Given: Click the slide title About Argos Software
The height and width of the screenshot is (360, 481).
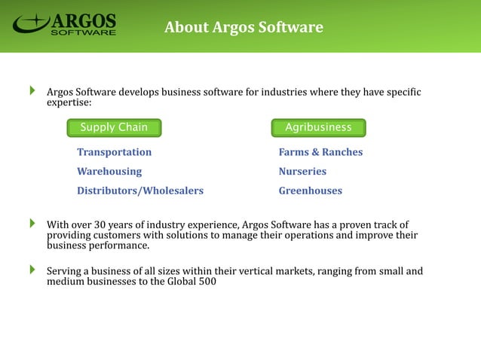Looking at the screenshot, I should [x=244, y=28].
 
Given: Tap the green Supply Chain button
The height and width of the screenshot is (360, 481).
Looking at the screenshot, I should [x=114, y=127].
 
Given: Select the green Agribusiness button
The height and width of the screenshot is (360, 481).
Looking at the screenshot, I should [x=318, y=127].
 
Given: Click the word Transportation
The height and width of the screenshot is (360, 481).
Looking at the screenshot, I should [x=114, y=152].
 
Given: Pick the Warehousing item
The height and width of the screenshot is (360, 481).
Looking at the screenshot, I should [x=109, y=172].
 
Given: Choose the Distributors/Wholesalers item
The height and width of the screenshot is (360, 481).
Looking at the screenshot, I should [x=140, y=191].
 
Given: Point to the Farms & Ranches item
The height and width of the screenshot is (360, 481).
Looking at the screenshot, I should [x=320, y=152].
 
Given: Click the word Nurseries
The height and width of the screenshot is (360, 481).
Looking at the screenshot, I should [x=302, y=172].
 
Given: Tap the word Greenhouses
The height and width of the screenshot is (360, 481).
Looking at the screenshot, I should [x=310, y=191].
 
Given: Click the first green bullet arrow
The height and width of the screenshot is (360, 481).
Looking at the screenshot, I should [x=32, y=92].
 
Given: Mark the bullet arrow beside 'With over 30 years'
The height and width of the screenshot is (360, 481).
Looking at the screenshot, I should [x=32, y=224].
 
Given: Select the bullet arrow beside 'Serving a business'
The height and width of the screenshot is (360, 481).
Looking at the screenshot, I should [x=32, y=269].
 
